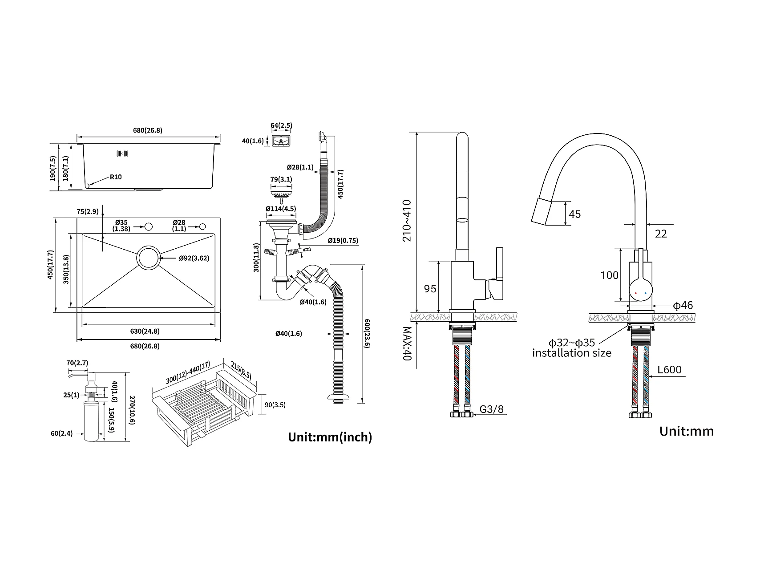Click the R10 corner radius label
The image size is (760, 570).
(116, 177)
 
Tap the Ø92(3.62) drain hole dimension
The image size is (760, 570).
(194, 258)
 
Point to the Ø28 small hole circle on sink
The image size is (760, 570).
(203, 226)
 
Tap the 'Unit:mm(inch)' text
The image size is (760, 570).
(330, 437)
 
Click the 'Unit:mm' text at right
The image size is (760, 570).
(686, 431)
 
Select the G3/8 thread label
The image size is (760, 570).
(492, 409)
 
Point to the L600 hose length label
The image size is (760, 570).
(669, 370)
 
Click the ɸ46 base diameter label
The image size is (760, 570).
(683, 305)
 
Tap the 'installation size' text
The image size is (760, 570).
(572, 353)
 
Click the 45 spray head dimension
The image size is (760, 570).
(574, 214)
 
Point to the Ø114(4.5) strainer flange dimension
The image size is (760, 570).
(280, 209)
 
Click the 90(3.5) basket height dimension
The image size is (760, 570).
(275, 405)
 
